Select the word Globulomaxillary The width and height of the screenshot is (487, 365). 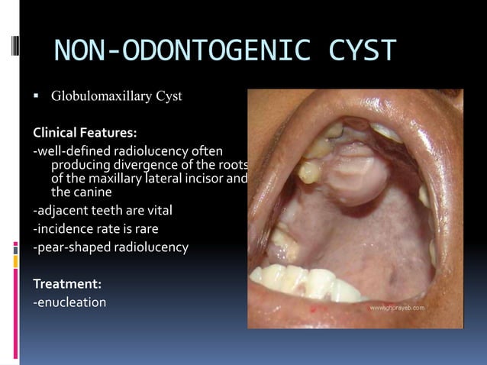99,96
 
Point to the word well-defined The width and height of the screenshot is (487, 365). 70,149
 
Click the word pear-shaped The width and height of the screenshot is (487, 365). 72,247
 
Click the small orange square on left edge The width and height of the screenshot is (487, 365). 15,260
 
